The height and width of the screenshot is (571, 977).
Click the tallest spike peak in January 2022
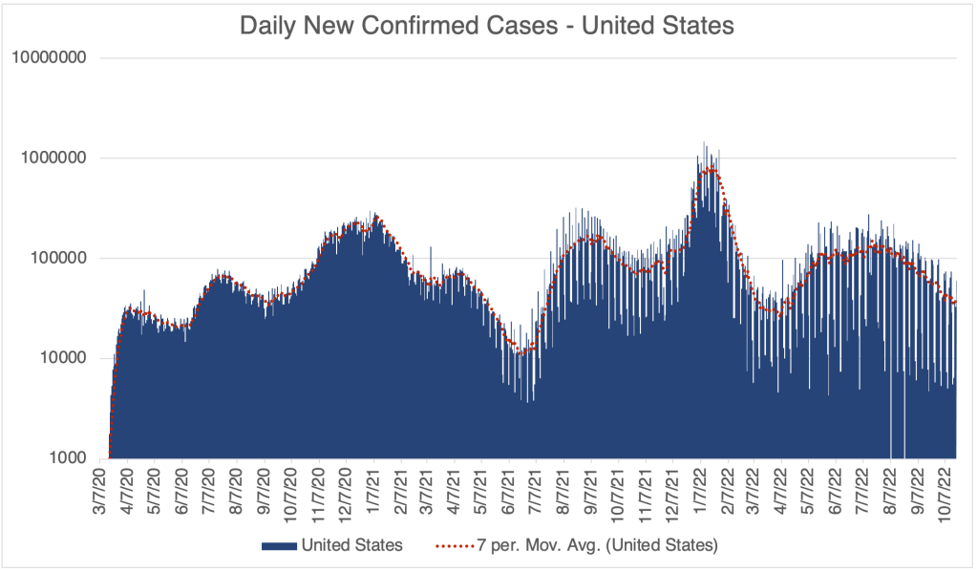705,144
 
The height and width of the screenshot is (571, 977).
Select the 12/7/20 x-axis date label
348,493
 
